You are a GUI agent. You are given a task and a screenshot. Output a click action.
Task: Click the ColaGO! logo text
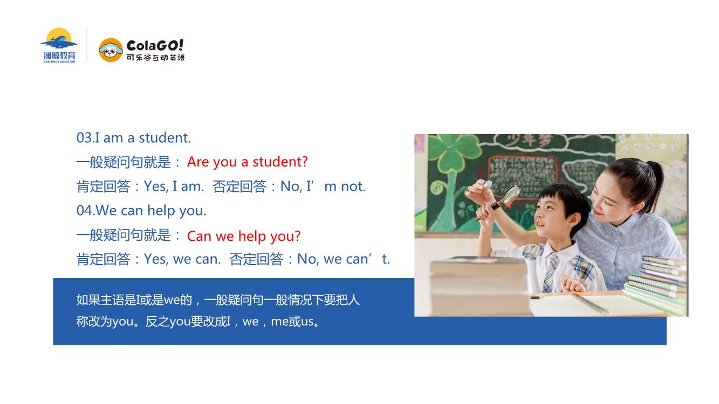[x=155, y=45]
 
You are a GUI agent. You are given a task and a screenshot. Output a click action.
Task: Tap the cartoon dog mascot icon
[x=111, y=50]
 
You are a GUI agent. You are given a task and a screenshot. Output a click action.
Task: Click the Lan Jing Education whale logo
[x=59, y=45]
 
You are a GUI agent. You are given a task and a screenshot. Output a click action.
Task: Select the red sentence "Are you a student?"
[x=247, y=162]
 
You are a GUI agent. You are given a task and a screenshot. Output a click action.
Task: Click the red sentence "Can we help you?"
[x=244, y=236]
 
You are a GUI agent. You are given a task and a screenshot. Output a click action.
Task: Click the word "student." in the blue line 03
[x=165, y=138]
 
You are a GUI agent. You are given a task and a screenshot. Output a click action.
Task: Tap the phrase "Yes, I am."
[x=174, y=186]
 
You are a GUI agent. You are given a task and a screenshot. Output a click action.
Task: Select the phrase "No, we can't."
[x=344, y=259]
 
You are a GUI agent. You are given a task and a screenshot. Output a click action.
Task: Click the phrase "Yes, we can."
[x=182, y=259]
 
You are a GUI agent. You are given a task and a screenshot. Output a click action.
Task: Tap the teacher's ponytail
[x=655, y=184]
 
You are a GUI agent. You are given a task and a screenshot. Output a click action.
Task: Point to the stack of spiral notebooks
[x=655, y=284]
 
